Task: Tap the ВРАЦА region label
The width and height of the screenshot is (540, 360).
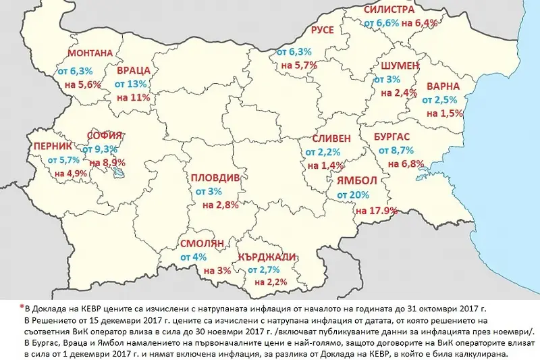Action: [x=133, y=70]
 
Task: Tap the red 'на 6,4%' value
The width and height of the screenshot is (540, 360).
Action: [x=419, y=23]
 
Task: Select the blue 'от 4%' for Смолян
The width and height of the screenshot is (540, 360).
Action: [x=193, y=257]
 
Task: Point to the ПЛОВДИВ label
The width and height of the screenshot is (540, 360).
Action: [x=214, y=178]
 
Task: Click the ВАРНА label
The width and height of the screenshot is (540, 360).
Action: [x=441, y=86]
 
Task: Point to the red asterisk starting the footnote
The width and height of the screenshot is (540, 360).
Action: [x=22, y=305]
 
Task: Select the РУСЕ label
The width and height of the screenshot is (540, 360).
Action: [x=323, y=30]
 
